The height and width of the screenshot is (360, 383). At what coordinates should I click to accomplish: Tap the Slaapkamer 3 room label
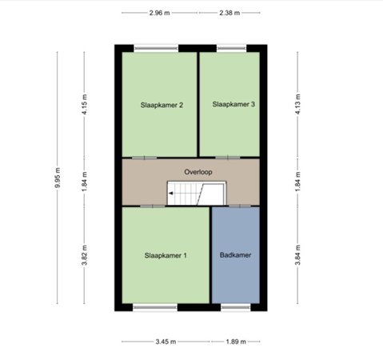tap(234, 104)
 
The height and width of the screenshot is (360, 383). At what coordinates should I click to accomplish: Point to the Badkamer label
tap(235, 256)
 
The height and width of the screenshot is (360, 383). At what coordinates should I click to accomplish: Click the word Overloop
tap(197, 172)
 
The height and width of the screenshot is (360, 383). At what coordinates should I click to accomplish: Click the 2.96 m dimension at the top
tap(160, 13)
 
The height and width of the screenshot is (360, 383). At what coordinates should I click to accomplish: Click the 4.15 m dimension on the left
tap(83, 105)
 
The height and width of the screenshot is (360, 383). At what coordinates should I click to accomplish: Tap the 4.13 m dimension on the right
tap(297, 105)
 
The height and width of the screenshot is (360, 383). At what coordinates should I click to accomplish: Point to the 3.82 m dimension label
tap(83, 256)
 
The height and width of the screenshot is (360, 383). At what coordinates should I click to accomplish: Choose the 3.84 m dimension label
tap(297, 256)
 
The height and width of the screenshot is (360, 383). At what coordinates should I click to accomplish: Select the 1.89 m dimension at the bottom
tap(236, 341)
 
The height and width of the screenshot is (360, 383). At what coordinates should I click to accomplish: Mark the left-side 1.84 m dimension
tap(83, 181)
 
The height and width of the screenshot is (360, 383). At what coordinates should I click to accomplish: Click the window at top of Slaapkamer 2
tap(156, 48)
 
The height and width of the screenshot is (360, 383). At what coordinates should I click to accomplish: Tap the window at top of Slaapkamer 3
tap(232, 48)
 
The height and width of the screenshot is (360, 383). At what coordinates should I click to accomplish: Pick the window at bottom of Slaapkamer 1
tap(155, 306)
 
